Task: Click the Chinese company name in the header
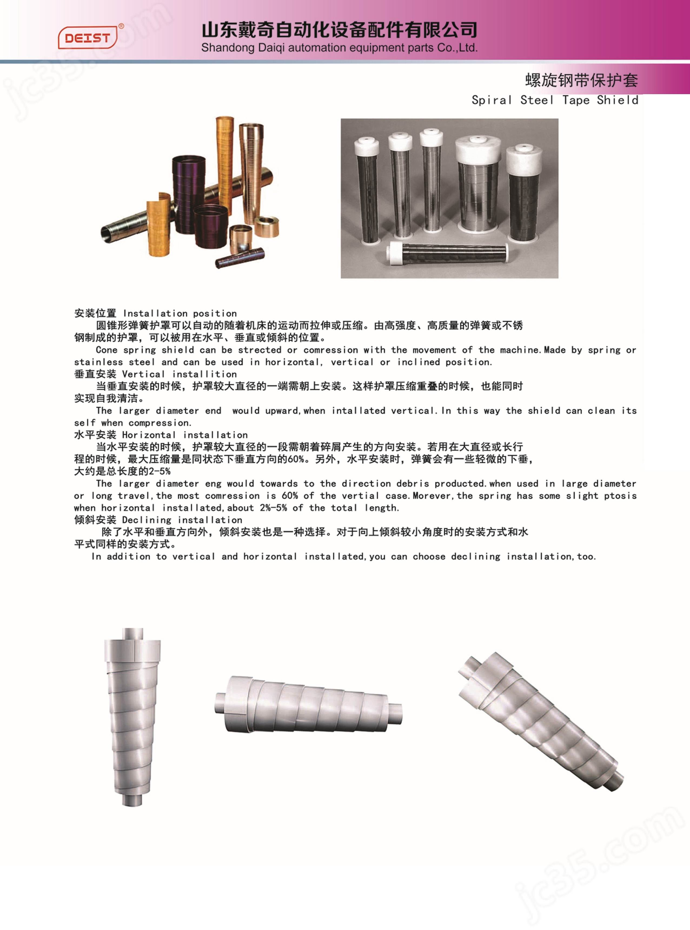[x=339, y=30]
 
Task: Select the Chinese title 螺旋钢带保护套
[x=581, y=80]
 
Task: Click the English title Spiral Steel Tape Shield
[x=555, y=100]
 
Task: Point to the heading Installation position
[x=180, y=313]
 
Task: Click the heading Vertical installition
[x=179, y=374]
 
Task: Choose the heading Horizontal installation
[x=185, y=435]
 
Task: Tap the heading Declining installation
[x=182, y=520]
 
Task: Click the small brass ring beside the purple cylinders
[x=267, y=226]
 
